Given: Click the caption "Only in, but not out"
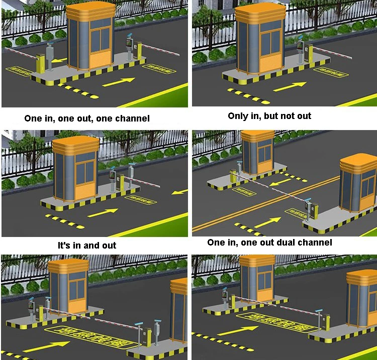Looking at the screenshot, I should [269, 116].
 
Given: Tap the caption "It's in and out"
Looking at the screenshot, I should [87, 246].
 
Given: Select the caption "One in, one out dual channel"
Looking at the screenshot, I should [269, 243].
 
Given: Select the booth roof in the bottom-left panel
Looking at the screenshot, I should [68, 266].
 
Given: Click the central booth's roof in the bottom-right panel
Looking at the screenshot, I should [257, 261].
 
